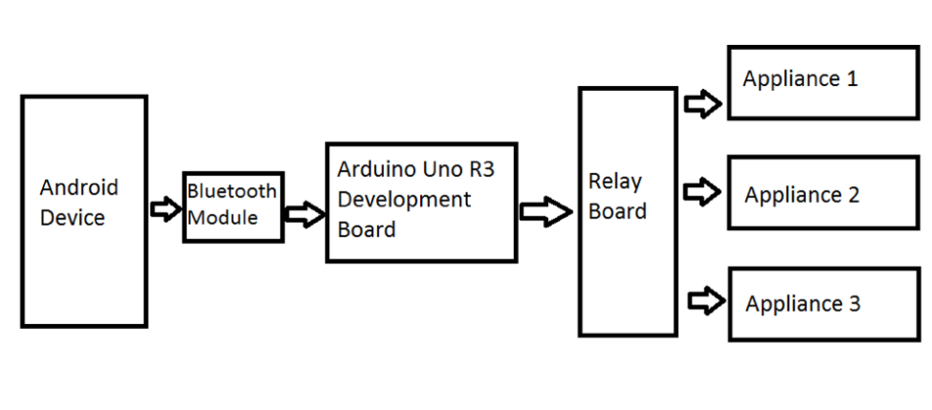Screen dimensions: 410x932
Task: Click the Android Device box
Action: pyautogui.click(x=84, y=211)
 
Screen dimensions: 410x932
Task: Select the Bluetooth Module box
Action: pyautogui.click(x=233, y=206)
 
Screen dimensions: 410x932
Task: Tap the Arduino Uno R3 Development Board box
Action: pyautogui.click(x=421, y=202)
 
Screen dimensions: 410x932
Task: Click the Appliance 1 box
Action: pyautogui.click(x=823, y=82)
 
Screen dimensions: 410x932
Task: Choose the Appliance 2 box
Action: pyautogui.click(x=823, y=194)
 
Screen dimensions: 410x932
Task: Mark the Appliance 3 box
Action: pyautogui.click(x=823, y=305)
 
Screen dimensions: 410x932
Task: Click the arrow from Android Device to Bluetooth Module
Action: pyautogui.click(x=165, y=209)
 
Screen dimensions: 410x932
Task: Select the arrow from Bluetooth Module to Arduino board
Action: pyautogui.click(x=304, y=215)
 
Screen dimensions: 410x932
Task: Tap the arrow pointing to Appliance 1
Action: pyautogui.click(x=702, y=103)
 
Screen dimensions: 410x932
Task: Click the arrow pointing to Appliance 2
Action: pyautogui.click(x=702, y=192)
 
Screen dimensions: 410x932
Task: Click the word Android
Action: pyautogui.click(x=79, y=187)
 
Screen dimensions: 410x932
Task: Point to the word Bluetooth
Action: pyautogui.click(x=233, y=191)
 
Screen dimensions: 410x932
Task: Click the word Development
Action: pyautogui.click(x=403, y=200)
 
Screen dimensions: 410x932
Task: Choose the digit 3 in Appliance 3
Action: pyautogui.click(x=854, y=305)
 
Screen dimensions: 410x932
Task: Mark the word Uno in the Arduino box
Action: pyautogui.click(x=438, y=169)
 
